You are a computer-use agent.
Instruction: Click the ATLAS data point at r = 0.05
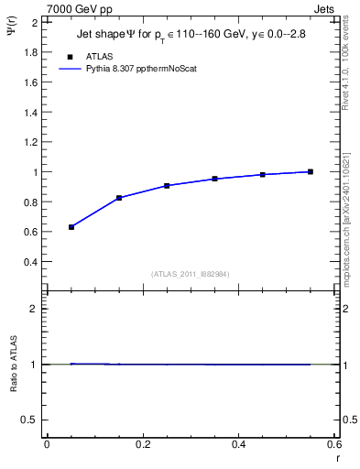click(x=71, y=226)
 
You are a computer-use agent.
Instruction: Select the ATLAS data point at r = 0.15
click(x=119, y=198)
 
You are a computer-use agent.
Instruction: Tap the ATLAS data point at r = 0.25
click(x=167, y=186)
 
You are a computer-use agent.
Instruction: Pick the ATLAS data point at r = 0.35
click(x=214, y=179)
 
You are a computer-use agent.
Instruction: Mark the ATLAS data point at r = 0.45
click(x=262, y=174)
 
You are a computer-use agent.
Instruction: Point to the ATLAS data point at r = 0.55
click(x=311, y=171)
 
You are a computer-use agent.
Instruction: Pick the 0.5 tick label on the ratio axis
click(x=31, y=420)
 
